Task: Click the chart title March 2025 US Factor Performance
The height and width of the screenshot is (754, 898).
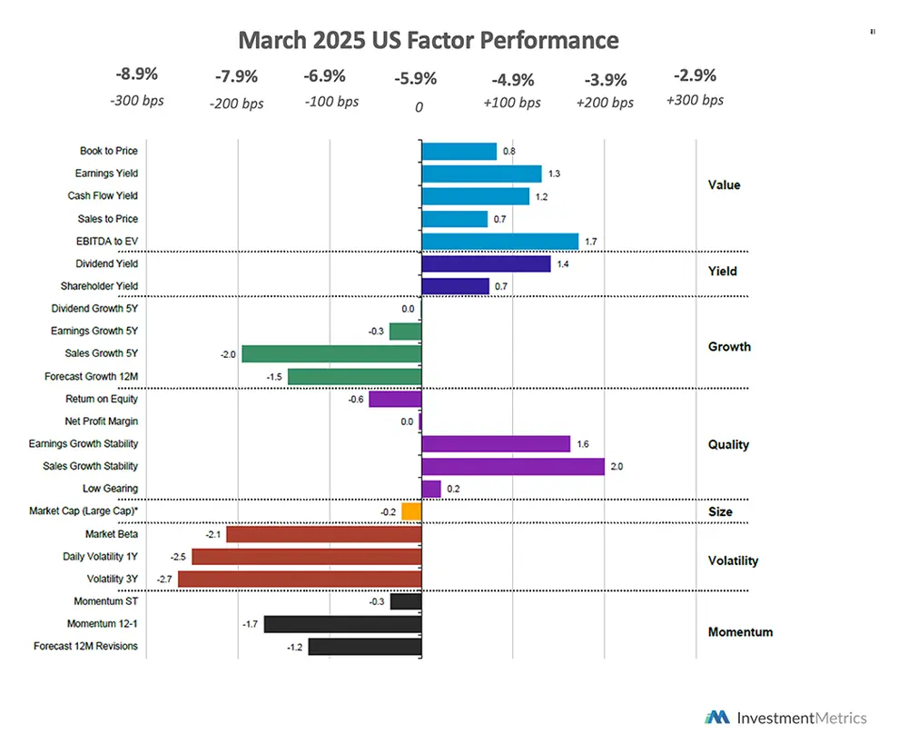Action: pos(428,41)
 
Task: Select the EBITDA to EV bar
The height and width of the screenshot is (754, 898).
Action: pos(499,241)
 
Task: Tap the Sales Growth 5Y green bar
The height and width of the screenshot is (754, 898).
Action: pos(331,353)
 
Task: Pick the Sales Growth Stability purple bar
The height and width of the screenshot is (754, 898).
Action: pos(513,466)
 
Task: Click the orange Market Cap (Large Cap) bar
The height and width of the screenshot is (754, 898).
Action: pos(411,511)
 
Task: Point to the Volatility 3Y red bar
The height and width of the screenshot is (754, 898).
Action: pos(300,579)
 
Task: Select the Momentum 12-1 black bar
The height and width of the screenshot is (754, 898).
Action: pos(342,624)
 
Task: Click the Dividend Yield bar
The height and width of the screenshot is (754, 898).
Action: pos(486,263)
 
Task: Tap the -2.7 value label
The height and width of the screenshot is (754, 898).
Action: pos(165,579)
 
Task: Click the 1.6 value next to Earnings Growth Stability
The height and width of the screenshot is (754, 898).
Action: pos(583,444)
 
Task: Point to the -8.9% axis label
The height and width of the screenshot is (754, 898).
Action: pos(136,74)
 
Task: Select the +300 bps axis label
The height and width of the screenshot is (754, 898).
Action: pos(695,100)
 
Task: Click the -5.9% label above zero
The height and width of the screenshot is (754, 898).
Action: pos(415,79)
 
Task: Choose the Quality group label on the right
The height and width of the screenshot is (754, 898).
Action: pos(728,444)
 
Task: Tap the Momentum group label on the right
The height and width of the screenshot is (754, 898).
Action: pos(740,632)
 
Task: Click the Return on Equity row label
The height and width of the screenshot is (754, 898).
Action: pos(102,399)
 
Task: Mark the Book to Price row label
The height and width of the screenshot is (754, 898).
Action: pos(109,151)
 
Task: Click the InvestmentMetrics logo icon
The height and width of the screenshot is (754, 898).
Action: pos(717,718)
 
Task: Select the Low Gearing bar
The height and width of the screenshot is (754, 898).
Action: pos(431,489)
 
